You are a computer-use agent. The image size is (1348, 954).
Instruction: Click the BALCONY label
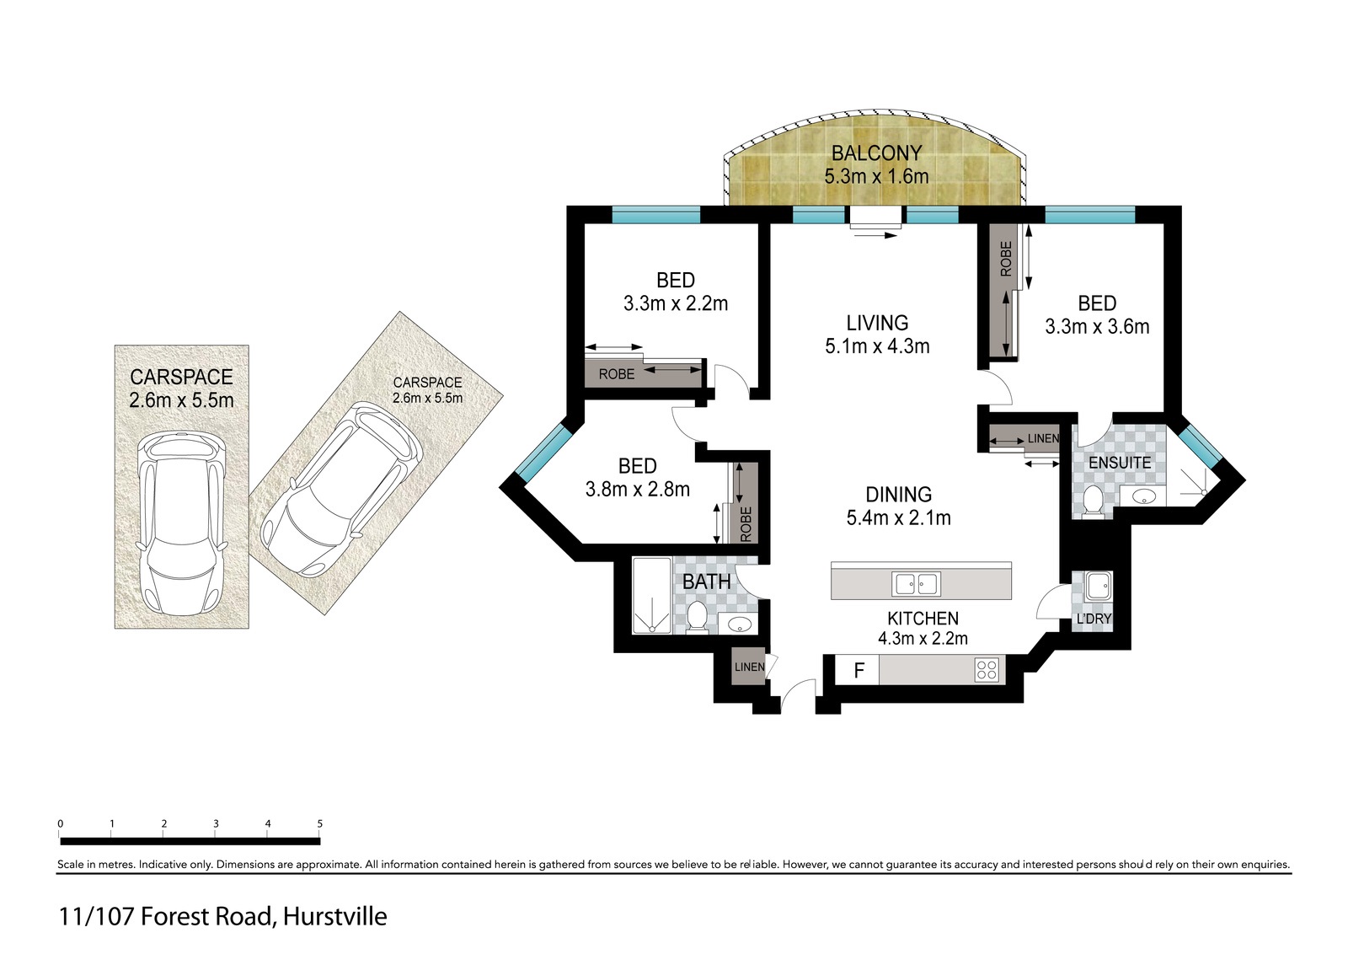pos(876,153)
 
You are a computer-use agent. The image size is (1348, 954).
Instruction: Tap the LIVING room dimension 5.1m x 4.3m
pos(877,346)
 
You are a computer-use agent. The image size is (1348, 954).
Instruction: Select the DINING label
pos(898,495)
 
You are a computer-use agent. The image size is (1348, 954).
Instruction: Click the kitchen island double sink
pos(917,584)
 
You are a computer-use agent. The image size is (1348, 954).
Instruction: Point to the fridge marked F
pos(859,670)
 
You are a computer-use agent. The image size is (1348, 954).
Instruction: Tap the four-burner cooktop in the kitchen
pos(987,670)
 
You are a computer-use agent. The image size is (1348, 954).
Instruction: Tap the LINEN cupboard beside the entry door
pos(749,667)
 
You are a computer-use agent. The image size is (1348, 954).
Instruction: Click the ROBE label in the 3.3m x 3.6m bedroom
pos(1006,259)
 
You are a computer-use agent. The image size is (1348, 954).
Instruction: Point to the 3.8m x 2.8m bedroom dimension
pos(637,490)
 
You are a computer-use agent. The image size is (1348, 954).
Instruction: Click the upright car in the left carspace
pos(181,523)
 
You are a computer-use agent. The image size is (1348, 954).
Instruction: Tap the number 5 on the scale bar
pos(319,823)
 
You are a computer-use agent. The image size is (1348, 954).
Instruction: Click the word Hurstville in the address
pos(335,917)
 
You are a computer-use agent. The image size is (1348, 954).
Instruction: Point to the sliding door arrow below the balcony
pos(875,236)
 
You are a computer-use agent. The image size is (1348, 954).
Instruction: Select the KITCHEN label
pos(923,618)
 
